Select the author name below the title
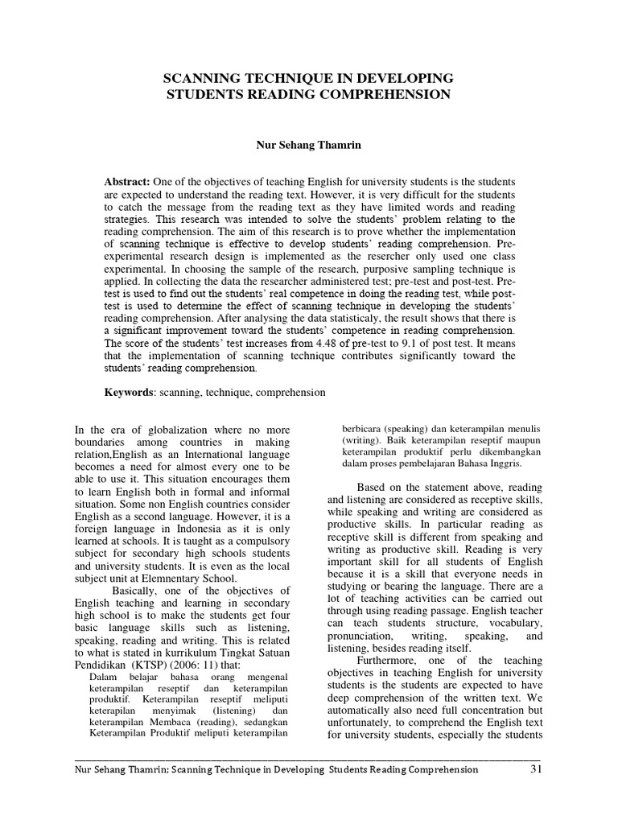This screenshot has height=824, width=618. (x=309, y=147)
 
